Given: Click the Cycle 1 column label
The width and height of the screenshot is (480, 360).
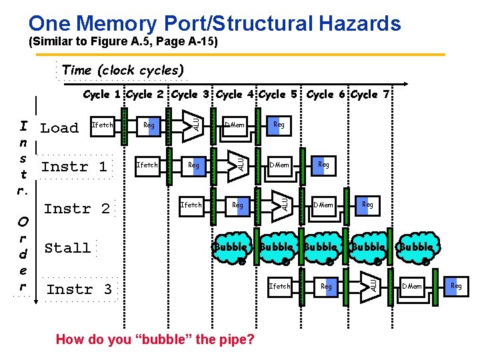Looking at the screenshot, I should click(103, 95).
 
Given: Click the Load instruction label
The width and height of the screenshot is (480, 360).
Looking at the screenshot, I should click(59, 128).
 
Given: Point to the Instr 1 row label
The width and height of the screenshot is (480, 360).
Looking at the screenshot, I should click(74, 167).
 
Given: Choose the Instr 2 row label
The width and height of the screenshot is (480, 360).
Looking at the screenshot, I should click(77, 209).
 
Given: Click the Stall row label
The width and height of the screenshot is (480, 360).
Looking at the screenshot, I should click(67, 248).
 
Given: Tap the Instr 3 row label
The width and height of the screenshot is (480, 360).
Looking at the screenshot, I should click(79, 289).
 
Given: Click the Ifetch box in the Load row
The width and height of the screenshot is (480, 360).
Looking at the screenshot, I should click(103, 125).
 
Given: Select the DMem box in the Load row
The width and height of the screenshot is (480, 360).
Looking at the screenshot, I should click(235, 125).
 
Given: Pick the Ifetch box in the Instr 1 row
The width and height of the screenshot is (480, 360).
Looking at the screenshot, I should click(147, 165).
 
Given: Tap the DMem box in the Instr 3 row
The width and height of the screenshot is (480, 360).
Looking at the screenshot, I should click(412, 286).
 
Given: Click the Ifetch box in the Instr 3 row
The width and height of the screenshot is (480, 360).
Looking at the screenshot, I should click(279, 286).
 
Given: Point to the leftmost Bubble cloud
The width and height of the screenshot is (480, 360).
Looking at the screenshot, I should click(231, 247).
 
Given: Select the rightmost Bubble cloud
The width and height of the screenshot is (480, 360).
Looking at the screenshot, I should click(417, 247).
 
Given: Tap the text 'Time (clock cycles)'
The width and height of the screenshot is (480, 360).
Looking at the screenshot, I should click(123, 70).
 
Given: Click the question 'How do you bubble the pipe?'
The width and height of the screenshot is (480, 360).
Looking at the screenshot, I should click(155, 339).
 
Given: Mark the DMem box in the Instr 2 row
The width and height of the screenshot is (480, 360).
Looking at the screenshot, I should click(324, 205).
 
